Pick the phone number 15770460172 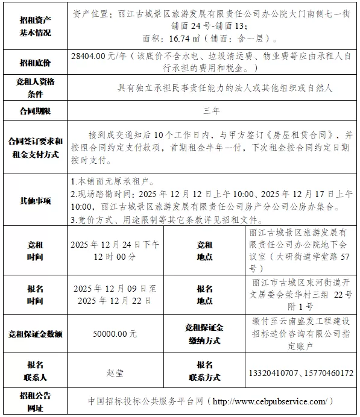(x=326, y=373)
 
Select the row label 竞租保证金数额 (x=36, y=334)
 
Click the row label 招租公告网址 (x=35, y=401)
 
